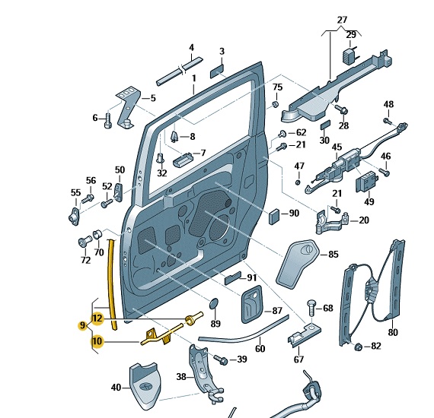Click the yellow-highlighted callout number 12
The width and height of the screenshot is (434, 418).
pos(97,318)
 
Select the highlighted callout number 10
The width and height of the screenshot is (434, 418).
pos(97,341)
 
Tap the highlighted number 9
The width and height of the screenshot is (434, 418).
pos(82,326)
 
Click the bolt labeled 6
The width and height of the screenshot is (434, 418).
pos(107,121)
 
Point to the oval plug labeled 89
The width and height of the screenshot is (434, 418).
pos(214,303)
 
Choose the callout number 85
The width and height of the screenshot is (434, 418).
pos(333,254)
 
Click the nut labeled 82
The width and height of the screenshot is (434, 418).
pos(358,347)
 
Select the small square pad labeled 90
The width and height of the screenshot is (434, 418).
pos(274,216)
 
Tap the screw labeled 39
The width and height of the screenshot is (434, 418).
pos(221,359)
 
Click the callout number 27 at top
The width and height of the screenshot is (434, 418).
pos(342,20)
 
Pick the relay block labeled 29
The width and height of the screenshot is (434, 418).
pos(351,55)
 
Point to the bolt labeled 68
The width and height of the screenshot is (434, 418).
pos(311,309)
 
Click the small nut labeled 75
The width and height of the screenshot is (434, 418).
pos(275,104)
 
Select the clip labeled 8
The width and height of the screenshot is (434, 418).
pos(174,137)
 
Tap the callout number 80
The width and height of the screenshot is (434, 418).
pos(393,332)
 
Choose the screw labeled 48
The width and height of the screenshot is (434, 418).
pos(388,121)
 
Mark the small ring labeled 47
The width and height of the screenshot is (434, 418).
pos(298,182)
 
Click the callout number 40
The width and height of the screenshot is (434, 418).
pos(116,388)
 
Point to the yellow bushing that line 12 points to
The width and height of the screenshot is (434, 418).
pos(193,318)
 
